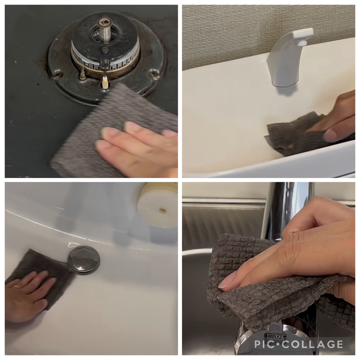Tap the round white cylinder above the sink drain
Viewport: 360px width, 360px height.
[x=158, y=205]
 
